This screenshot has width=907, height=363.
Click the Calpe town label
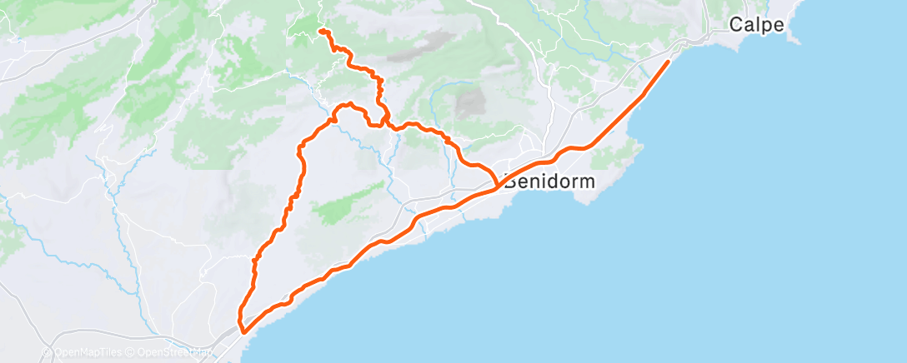756,25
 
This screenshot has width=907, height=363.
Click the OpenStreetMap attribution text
170,352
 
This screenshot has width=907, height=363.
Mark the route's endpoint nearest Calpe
669,61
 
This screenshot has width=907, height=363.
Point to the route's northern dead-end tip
320,32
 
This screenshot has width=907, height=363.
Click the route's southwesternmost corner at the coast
243,331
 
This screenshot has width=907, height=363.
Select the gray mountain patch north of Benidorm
471,103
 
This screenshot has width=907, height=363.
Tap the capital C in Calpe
736,25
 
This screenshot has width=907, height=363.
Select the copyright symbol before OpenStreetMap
130,352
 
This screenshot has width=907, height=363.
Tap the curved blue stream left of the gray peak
433,104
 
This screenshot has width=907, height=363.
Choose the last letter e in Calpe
779,25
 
